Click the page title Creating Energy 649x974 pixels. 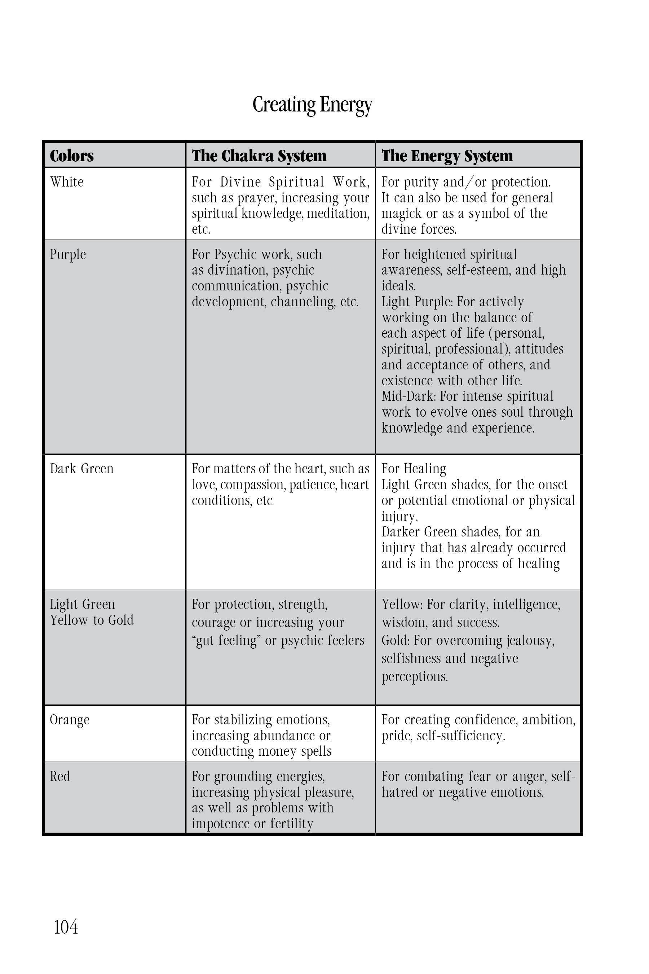click(x=312, y=104)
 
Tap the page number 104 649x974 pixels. click(x=66, y=926)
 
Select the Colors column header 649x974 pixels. click(x=72, y=156)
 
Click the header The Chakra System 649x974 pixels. click(x=259, y=156)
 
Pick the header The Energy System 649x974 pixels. click(x=447, y=156)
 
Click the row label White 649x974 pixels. click(x=67, y=182)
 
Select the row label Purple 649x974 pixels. click(x=68, y=254)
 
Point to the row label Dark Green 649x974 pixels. click(x=81, y=469)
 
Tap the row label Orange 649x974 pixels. click(x=70, y=720)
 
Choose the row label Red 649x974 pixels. click(x=60, y=776)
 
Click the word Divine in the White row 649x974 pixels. click(x=240, y=182)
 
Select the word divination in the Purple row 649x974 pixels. click(x=238, y=270)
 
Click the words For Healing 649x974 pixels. click(x=414, y=469)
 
